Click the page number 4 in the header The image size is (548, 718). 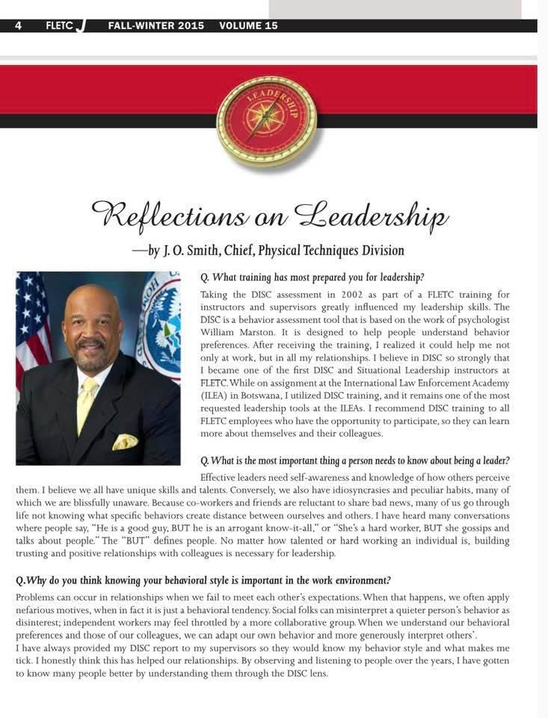(18, 25)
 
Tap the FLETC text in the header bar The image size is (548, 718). (59, 25)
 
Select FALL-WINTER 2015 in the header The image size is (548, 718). (156, 25)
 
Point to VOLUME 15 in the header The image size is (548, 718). (248, 25)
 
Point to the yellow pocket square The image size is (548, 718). (125, 442)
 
